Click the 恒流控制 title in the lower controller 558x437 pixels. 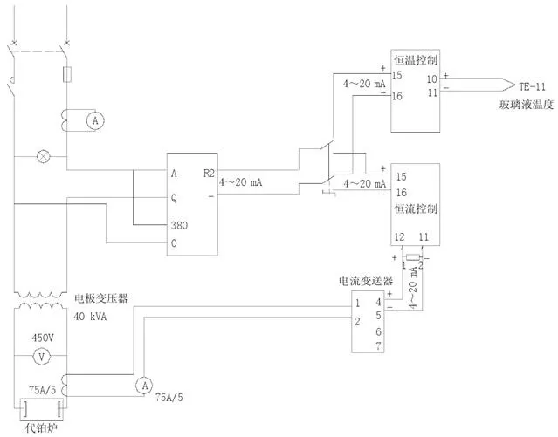[x=415, y=210]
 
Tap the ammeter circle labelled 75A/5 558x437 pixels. [x=142, y=384]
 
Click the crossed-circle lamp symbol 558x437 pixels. [x=41, y=158]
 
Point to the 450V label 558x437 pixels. [x=43, y=336]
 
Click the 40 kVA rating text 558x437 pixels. [x=90, y=317]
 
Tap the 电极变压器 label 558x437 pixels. [x=101, y=298]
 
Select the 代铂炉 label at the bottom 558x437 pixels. [x=38, y=427]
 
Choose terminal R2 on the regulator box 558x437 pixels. [x=208, y=173]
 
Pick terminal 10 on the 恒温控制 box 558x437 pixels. [x=431, y=79]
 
